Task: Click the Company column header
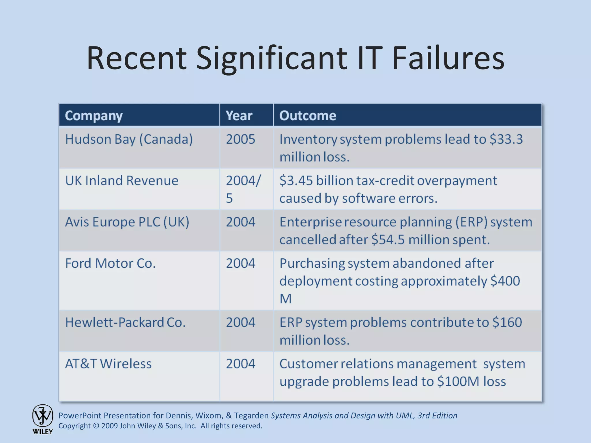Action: (x=93, y=116)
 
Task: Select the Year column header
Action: (x=239, y=116)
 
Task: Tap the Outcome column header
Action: (x=308, y=116)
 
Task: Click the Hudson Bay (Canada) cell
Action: (x=129, y=139)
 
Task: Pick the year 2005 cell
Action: (x=240, y=139)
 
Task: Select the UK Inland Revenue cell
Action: (x=121, y=181)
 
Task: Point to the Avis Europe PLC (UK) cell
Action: (x=127, y=222)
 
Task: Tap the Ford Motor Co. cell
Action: (x=110, y=263)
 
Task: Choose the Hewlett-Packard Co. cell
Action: (x=125, y=322)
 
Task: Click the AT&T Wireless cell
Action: (x=108, y=364)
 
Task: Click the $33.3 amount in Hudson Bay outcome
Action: (x=506, y=139)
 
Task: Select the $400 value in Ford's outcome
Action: (x=505, y=281)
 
